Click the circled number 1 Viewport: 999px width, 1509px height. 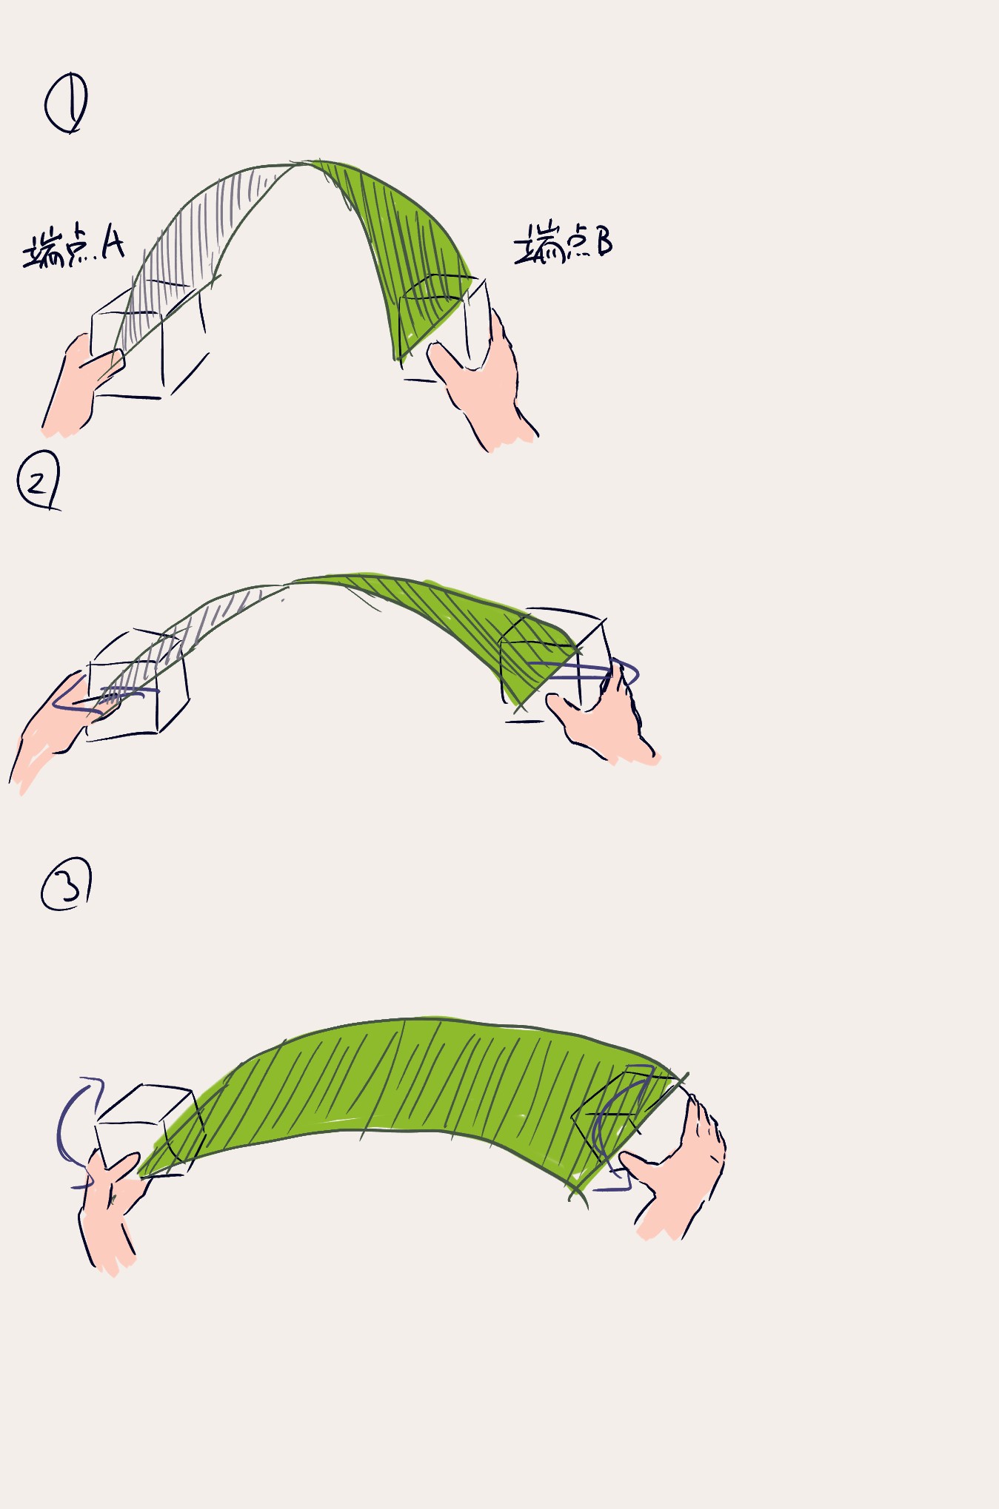(x=66, y=103)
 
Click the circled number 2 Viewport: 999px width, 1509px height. (x=38, y=481)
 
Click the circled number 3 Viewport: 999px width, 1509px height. (x=66, y=884)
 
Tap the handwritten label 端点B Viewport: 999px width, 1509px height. (x=564, y=242)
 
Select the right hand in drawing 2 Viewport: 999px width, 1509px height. (x=604, y=722)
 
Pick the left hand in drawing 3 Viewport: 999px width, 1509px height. (x=111, y=1206)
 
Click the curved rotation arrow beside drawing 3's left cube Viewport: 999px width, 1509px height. (x=62, y=1132)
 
